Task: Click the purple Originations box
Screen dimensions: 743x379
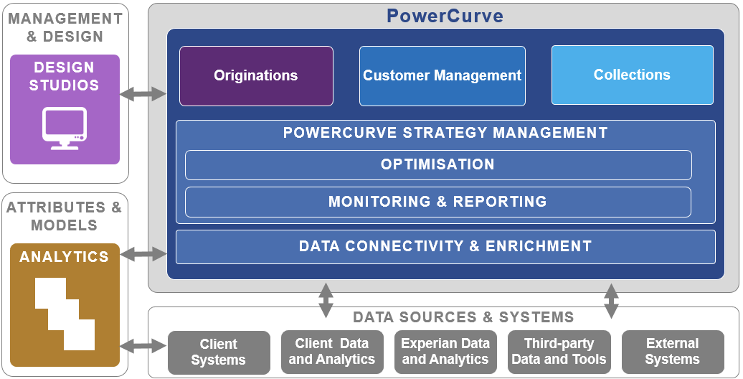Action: pyautogui.click(x=256, y=76)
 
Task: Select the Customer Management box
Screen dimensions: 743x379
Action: pyautogui.click(x=442, y=76)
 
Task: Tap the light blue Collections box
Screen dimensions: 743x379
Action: pyautogui.click(x=632, y=75)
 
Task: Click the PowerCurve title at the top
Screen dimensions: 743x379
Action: pyautogui.click(x=445, y=16)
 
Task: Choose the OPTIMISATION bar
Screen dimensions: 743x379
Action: pyautogui.click(x=438, y=165)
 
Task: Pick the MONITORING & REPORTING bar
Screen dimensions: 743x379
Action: pyautogui.click(x=437, y=202)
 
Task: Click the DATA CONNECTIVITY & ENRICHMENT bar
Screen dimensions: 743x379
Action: pyautogui.click(x=445, y=247)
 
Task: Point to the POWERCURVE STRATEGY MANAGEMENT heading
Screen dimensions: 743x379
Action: pyautogui.click(x=445, y=132)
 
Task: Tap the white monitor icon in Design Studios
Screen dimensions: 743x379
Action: pyautogui.click(x=65, y=128)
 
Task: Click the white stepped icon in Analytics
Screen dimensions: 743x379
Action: pyautogui.click(x=65, y=314)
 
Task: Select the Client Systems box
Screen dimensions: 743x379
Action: pyautogui.click(x=219, y=352)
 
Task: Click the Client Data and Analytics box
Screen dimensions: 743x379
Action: pyautogui.click(x=332, y=352)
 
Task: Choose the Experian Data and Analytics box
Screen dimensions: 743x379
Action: pyautogui.click(x=445, y=352)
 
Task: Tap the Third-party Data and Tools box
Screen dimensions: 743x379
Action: pyautogui.click(x=559, y=352)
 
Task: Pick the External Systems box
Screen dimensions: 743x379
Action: pyautogui.click(x=673, y=352)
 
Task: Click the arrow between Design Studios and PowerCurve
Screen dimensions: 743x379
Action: pyautogui.click(x=143, y=94)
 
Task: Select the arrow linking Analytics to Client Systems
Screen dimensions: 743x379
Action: pyautogui.click(x=143, y=346)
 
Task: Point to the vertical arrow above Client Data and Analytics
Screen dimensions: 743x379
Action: pyautogui.click(x=326, y=300)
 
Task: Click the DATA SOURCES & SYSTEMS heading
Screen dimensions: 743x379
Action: pyautogui.click(x=463, y=317)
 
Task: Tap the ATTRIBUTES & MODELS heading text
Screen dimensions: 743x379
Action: pyautogui.click(x=65, y=216)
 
